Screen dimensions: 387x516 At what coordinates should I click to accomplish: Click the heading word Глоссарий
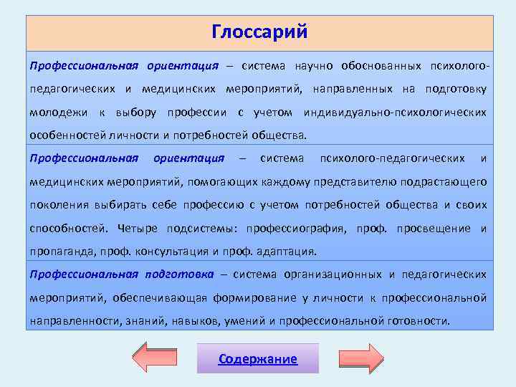click(259, 32)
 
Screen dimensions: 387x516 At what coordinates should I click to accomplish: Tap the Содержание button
click(258, 359)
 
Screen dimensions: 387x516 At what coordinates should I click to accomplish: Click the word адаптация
click(290, 252)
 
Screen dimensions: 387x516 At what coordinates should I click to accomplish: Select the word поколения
click(59, 205)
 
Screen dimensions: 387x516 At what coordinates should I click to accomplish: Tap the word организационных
click(334, 274)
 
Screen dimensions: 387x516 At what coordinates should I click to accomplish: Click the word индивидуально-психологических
click(395, 113)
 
